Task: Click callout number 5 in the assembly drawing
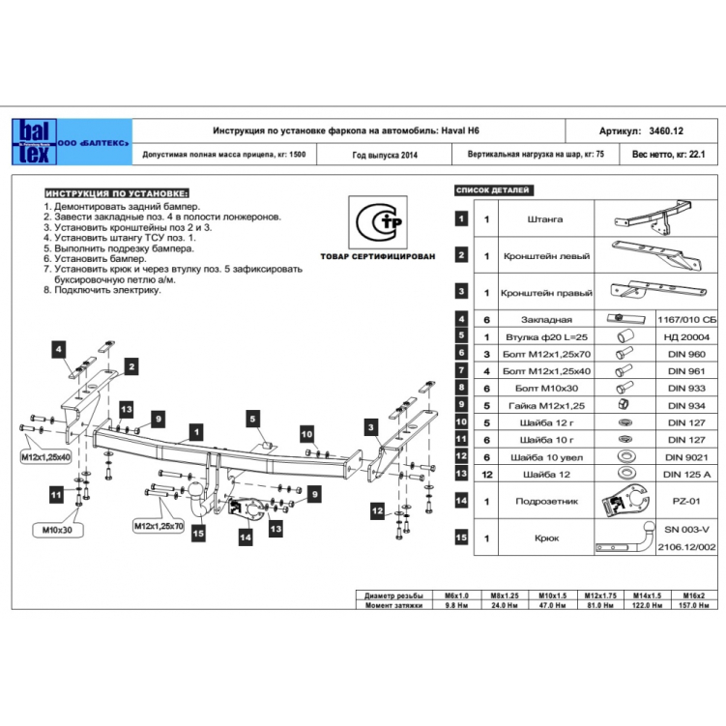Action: coord(251,419)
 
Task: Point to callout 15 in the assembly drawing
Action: coord(197,531)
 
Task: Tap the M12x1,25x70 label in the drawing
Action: coord(160,525)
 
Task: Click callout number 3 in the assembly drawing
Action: coord(369,425)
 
